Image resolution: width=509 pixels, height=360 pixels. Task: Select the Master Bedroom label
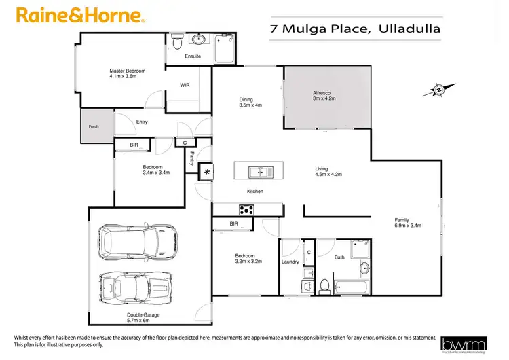pyautogui.click(x=128, y=70)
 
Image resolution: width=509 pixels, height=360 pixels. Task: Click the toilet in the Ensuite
pyautogui.click(x=177, y=42)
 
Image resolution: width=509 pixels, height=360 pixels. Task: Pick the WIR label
pyautogui.click(x=184, y=86)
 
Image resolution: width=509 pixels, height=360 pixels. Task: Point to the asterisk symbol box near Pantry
pyautogui.click(x=205, y=173)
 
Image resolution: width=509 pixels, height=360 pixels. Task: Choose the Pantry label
pyautogui.click(x=192, y=158)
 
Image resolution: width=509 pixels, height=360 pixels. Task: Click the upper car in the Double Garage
pyautogui.click(x=138, y=242)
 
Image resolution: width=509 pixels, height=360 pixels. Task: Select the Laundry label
pyautogui.click(x=290, y=261)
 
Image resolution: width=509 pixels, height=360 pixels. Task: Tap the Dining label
pyautogui.click(x=246, y=99)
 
